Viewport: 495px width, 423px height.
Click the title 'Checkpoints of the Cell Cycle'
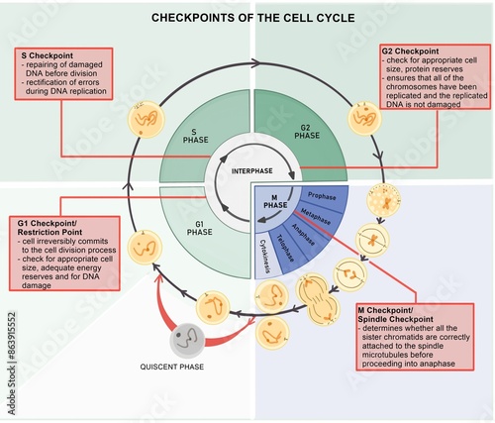pos(247,17)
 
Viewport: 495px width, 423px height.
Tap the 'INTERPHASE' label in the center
pos(252,170)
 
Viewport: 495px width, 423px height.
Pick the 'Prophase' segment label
pos(322,196)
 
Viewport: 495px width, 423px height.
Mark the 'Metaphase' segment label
pos(315,216)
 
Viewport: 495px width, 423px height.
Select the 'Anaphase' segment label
pos(302,235)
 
